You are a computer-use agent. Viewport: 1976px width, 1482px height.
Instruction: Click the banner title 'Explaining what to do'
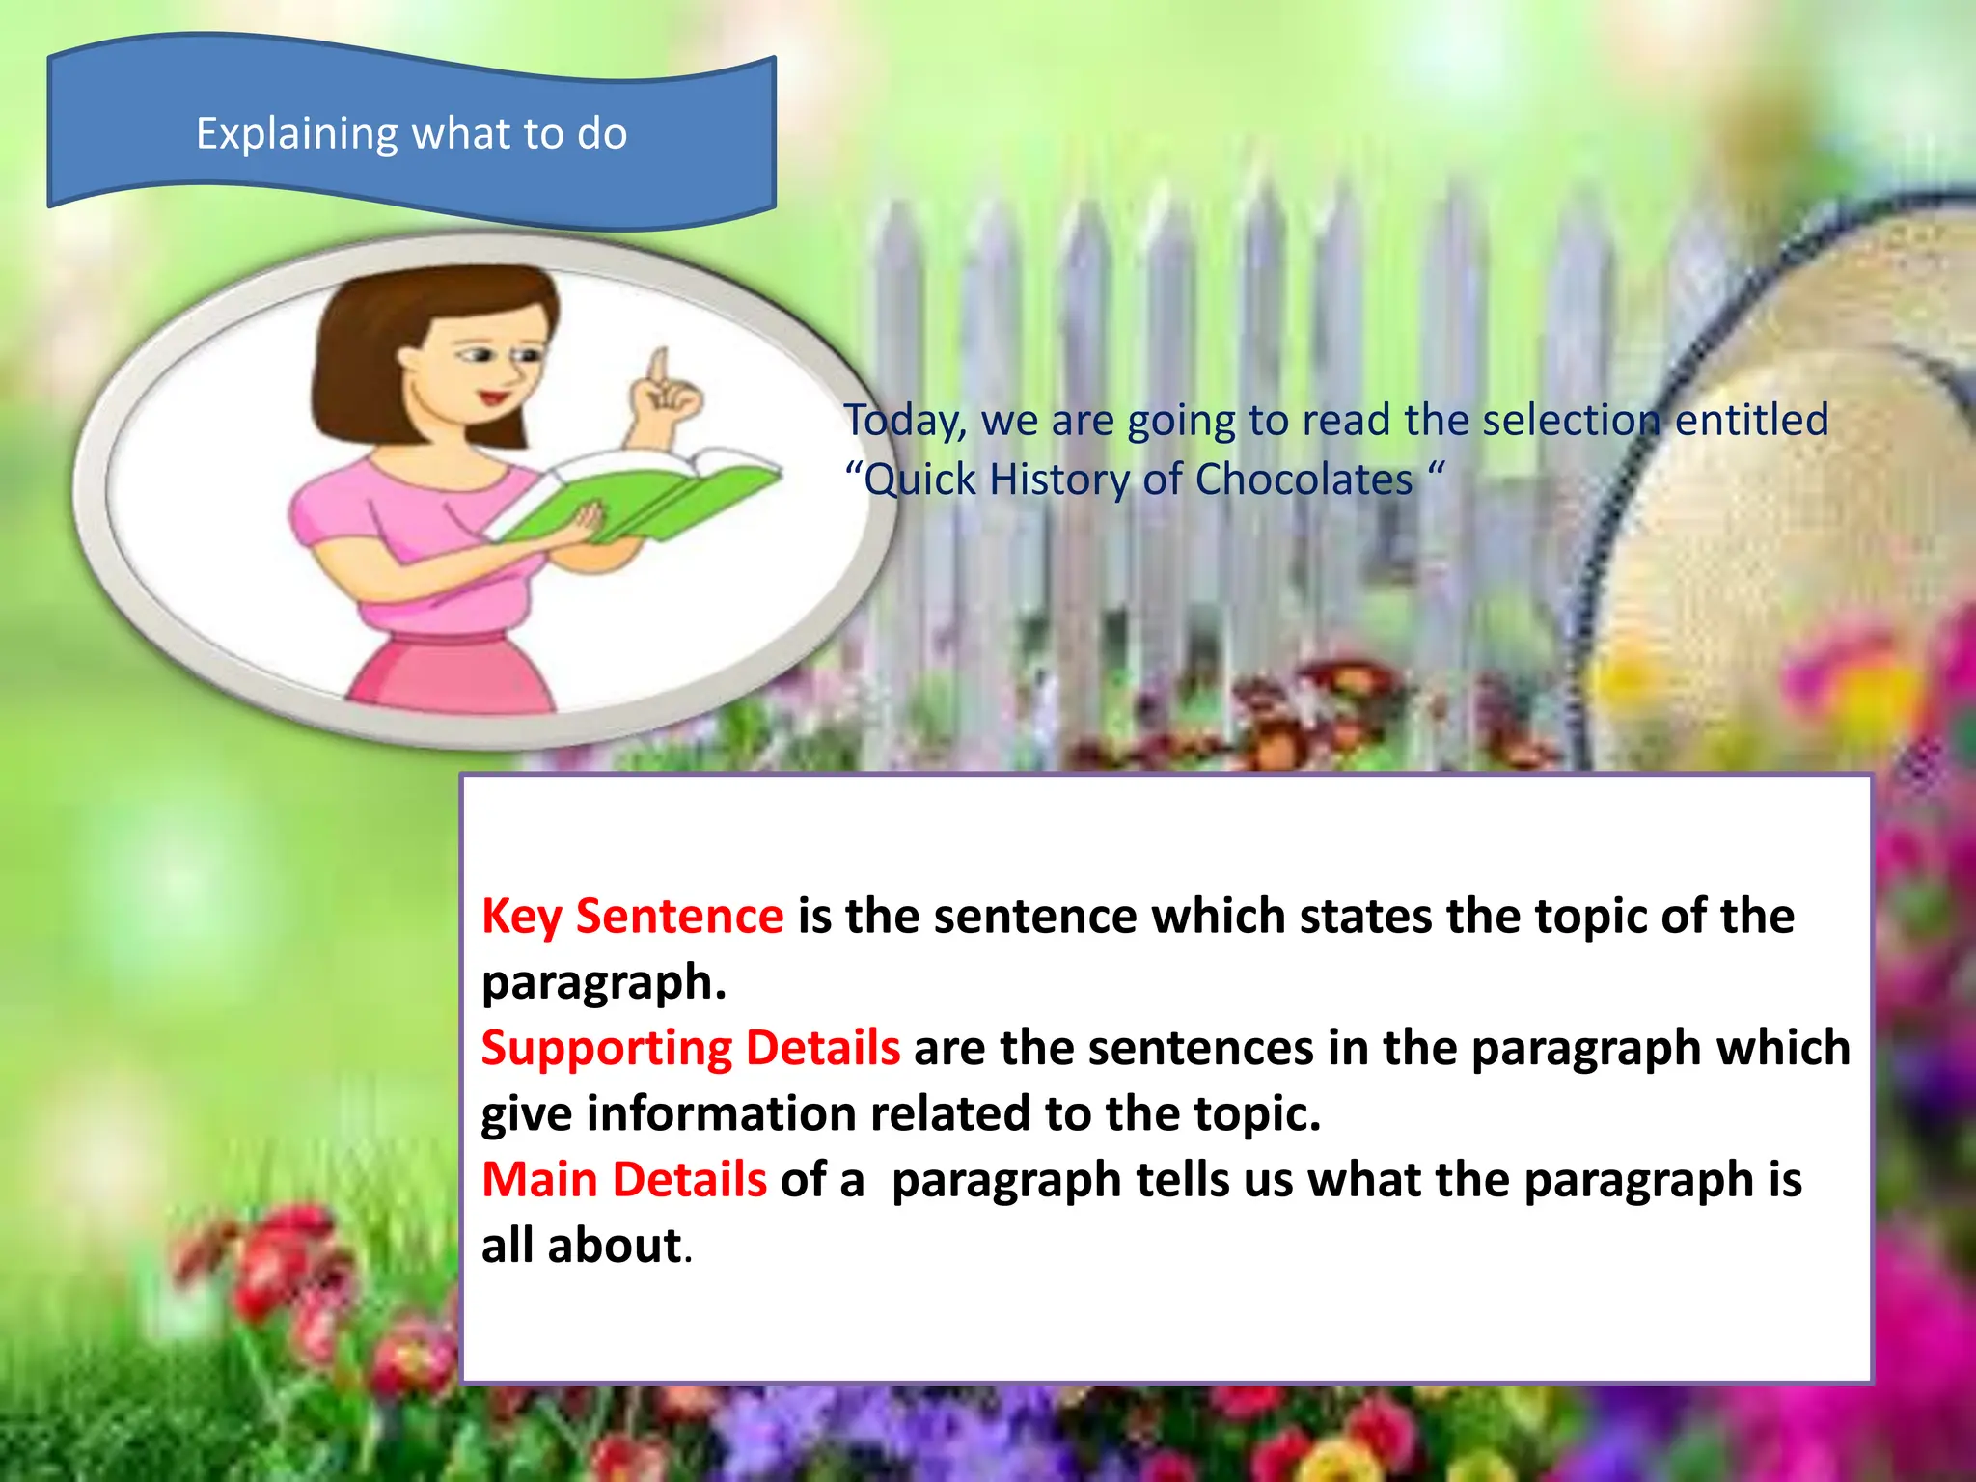pos(412,133)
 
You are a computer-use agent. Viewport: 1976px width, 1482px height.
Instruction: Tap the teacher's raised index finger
pos(659,367)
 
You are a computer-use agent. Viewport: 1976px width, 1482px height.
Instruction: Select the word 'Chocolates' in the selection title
pos(1304,480)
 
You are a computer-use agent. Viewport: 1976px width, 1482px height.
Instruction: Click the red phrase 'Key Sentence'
pos(633,916)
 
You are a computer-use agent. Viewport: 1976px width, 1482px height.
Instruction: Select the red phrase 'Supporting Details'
pos(691,1048)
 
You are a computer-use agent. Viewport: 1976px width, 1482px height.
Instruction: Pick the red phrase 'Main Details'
pos(624,1180)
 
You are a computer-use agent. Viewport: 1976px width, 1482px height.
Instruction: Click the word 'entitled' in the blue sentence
pos(1751,421)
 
